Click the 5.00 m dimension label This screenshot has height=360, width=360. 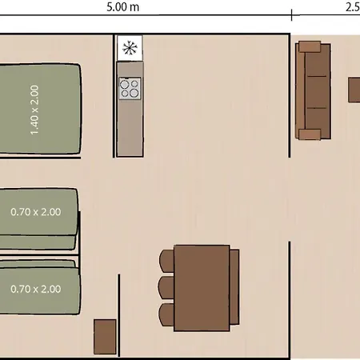(x=122, y=7)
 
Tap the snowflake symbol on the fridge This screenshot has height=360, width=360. (x=130, y=48)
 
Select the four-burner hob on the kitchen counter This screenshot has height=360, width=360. (x=130, y=89)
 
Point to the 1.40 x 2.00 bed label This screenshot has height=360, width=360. (x=34, y=110)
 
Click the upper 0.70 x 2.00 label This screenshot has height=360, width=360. (x=36, y=212)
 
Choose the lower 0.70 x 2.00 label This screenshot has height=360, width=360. (x=36, y=289)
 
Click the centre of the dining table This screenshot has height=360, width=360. (x=202, y=288)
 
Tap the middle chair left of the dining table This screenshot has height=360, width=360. (x=166, y=288)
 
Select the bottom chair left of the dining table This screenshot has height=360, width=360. (x=166, y=314)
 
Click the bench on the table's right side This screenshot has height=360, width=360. (x=234, y=287)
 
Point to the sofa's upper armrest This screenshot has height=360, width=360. (x=310, y=46)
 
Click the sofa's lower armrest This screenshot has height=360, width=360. (x=310, y=134)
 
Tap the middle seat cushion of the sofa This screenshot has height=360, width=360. (x=317, y=92)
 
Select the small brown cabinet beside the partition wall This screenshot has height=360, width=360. (x=105, y=337)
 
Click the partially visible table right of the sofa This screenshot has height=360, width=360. (x=354, y=90)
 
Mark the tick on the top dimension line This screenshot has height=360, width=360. (x=291, y=15)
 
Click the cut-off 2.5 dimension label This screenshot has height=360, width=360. (x=353, y=7)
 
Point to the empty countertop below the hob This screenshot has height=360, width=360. (x=130, y=128)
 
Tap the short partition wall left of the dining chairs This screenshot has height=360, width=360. (x=118, y=315)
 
